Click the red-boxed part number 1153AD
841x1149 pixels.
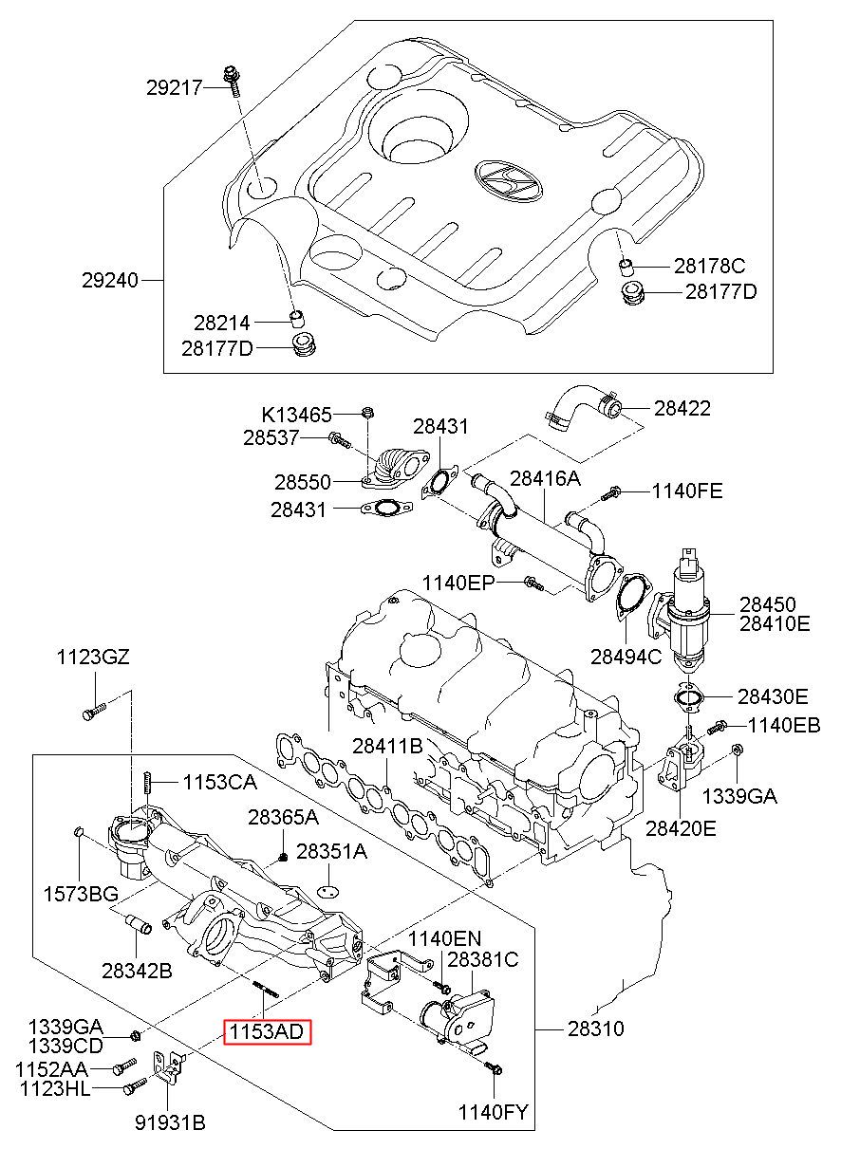pos(266,1031)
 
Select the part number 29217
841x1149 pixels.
pos(175,88)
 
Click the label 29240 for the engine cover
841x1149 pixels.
pos(110,281)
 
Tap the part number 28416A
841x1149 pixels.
pos(545,478)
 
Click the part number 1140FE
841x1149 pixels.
pos(686,491)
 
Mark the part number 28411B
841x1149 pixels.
pos(387,747)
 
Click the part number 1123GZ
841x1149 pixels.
pos(92,657)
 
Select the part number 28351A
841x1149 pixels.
pos(331,851)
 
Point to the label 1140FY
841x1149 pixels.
pos(494,1112)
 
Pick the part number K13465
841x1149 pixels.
pos(297,415)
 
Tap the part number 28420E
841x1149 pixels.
pos(682,828)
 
